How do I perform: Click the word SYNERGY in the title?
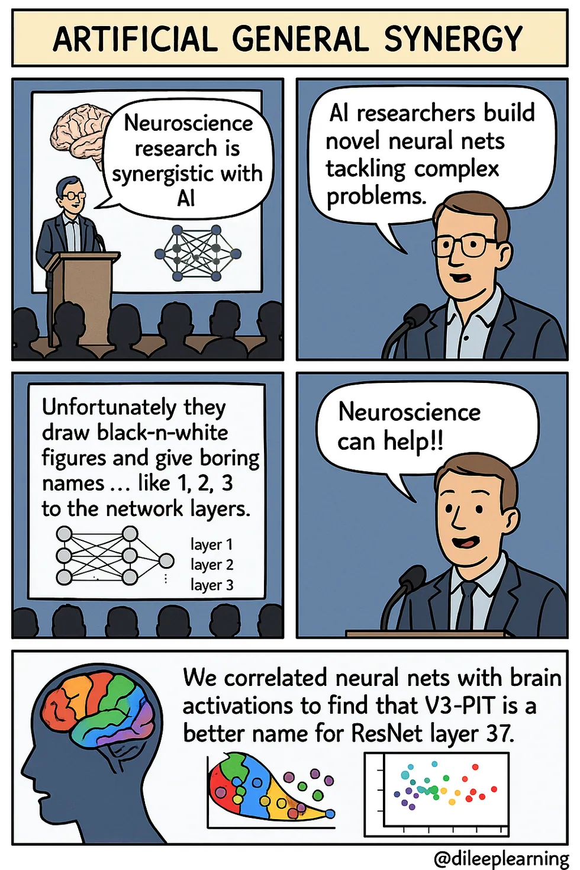point(453,39)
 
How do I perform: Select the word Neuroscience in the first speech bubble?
point(188,123)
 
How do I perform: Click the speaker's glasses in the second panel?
point(465,245)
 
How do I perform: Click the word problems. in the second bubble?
point(376,196)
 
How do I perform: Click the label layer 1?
point(212,544)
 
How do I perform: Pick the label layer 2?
point(212,565)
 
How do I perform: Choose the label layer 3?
point(212,585)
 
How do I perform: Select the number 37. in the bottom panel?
point(500,734)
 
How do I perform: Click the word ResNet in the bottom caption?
point(388,734)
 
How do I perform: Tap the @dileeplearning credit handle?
point(501,858)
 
